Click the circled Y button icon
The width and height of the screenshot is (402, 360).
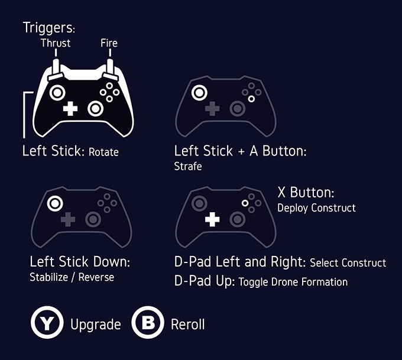(47, 322)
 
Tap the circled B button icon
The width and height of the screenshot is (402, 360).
(148, 322)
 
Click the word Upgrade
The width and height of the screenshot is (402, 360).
(96, 325)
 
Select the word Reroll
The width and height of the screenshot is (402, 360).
(187, 325)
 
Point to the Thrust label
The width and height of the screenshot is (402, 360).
(56, 43)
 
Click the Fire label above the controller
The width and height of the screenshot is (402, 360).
(109, 43)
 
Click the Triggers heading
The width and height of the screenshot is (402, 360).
(48, 28)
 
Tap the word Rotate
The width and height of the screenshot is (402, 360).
(103, 152)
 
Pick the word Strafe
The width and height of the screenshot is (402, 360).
(188, 167)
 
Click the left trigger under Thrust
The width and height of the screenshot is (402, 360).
(56, 69)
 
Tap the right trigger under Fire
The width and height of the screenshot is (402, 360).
(110, 69)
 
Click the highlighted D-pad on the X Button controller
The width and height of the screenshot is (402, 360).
(212, 219)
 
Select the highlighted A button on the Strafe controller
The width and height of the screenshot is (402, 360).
(251, 99)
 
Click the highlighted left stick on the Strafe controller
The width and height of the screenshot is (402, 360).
(199, 93)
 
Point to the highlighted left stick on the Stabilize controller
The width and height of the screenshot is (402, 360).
(55, 203)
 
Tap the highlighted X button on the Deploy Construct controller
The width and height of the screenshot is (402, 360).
(245, 203)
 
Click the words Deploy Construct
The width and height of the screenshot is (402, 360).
(316, 208)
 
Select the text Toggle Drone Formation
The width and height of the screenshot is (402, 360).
(293, 282)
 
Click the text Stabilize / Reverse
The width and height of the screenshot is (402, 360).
(72, 277)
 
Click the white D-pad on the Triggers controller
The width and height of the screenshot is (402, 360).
(70, 108)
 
